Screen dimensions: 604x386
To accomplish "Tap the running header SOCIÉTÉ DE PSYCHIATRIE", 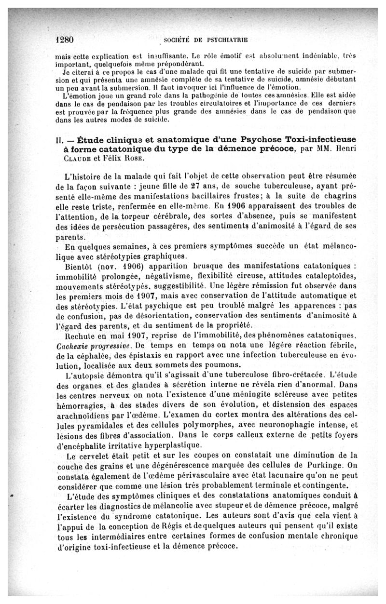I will click(199, 40).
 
